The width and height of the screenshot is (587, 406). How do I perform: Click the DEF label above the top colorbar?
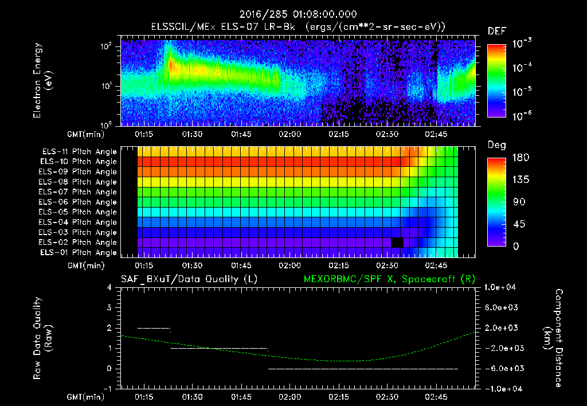coord(496,31)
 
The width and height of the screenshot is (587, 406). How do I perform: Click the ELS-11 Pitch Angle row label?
coord(79,151)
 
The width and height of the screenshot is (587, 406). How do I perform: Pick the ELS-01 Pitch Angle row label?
coord(79,252)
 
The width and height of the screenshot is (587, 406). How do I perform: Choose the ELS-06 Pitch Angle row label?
coord(79,202)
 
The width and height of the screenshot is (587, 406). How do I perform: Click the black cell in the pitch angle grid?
coord(397,243)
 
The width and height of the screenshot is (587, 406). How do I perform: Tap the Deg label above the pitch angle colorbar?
coord(496,145)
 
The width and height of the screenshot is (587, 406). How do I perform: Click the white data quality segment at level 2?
coord(154,328)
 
